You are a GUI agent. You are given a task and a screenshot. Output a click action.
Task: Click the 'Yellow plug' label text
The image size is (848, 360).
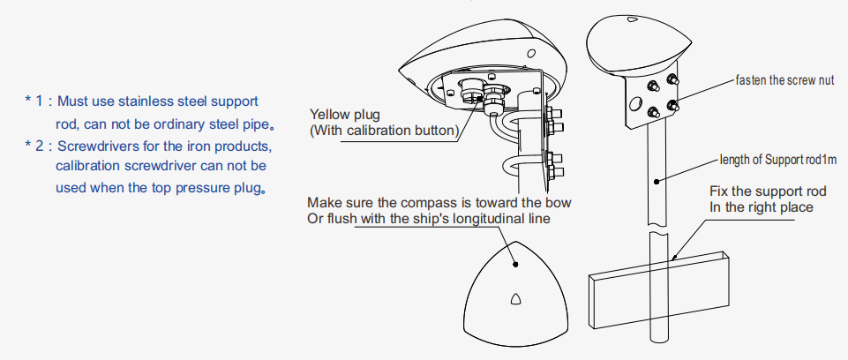[344, 115]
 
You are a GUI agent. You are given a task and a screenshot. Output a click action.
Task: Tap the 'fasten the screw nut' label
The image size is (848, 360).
[784, 79]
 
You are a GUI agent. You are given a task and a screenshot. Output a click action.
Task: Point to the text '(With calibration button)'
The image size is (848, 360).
[382, 131]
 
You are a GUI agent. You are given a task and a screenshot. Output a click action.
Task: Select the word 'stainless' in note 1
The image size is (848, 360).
[148, 102]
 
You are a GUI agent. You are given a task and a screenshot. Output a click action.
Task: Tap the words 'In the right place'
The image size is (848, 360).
[762, 207]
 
